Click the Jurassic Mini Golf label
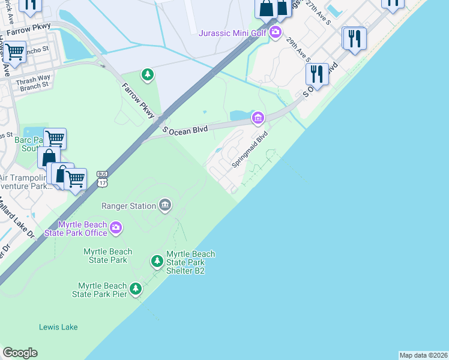232,32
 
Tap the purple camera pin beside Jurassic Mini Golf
275,32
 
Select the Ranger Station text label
128,206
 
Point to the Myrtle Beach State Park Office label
83,229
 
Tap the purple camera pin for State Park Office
116,228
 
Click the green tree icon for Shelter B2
157,261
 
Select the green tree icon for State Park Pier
136,289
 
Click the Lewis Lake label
58,327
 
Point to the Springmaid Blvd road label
250,149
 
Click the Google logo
20,353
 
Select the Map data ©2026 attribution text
423,355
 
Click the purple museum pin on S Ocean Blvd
258,117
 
